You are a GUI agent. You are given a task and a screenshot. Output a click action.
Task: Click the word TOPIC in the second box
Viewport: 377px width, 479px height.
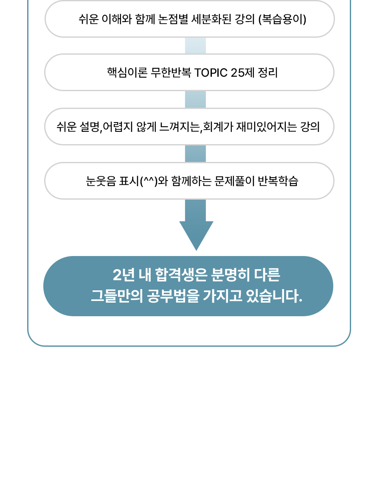coord(211,73)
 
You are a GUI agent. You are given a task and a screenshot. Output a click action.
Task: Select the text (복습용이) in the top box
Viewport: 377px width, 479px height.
coord(282,19)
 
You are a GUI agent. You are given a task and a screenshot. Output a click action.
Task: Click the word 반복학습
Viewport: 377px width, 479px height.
coord(278,181)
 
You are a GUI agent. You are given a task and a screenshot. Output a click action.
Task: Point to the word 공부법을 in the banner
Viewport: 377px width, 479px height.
coord(174,296)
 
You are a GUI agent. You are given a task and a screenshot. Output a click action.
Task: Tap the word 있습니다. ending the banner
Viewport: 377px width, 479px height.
coord(274,296)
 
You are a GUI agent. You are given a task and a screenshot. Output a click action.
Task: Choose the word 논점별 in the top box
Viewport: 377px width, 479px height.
coord(173,19)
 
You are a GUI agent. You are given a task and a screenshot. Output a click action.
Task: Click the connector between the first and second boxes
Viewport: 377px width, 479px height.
coord(196,46)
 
